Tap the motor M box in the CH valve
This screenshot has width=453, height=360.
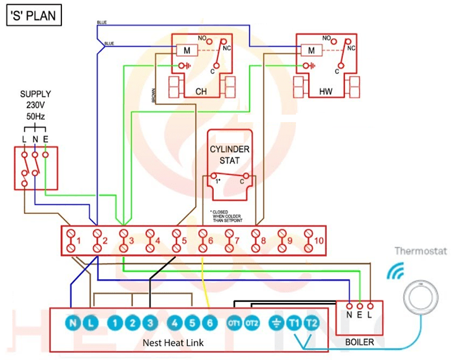187,50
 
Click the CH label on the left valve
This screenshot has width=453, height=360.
201,92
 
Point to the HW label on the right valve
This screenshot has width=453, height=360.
326,92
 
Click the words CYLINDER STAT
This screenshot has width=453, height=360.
230,155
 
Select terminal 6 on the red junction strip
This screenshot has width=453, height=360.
204,240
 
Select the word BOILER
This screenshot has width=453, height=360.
359,342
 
